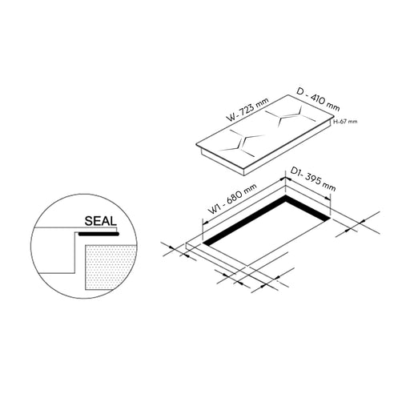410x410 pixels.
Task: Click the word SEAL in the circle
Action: click(101, 221)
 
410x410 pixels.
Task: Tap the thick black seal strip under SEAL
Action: click(98, 234)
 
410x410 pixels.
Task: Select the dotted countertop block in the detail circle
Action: click(111, 267)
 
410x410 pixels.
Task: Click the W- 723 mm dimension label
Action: click(247, 110)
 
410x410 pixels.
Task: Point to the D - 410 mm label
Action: click(318, 99)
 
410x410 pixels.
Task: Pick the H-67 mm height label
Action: click(345, 122)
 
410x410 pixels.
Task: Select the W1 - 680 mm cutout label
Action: click(232, 199)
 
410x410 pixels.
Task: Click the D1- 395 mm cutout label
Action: click(313, 179)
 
